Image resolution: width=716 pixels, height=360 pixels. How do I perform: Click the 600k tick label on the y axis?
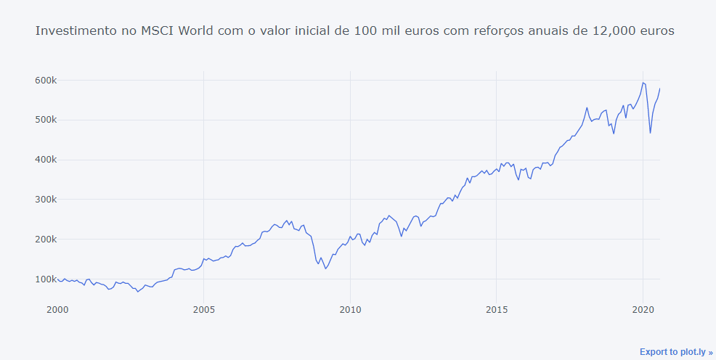[x=46, y=80]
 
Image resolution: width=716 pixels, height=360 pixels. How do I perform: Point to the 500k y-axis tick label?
[x=46, y=120]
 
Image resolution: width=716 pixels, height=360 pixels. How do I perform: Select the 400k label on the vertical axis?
[x=46, y=160]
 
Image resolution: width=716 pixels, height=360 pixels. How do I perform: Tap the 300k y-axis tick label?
[x=46, y=200]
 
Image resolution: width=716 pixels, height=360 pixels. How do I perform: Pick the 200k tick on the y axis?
[x=46, y=240]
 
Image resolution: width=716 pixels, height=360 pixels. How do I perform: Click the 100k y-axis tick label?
[x=46, y=279]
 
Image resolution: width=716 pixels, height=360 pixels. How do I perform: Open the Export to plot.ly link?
[x=676, y=352]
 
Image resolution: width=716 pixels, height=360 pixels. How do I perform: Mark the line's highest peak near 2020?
[x=643, y=82]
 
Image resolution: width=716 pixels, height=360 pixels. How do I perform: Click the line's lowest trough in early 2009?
[x=325, y=269]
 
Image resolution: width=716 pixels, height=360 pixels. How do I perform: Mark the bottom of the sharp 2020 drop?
[x=651, y=134]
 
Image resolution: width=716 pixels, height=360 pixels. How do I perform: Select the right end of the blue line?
[x=660, y=89]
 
